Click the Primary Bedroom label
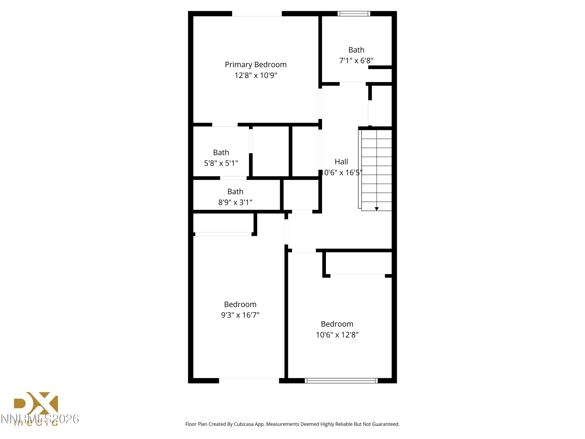[255, 65]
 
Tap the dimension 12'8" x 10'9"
[255, 76]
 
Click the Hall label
[341, 162]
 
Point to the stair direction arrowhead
[377, 209]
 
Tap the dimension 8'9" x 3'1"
[235, 203]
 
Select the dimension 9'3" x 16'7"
[240, 315]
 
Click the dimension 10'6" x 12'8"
[337, 335]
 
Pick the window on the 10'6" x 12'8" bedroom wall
[341, 381]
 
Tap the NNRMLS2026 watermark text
[40, 419]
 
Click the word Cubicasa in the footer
[244, 424]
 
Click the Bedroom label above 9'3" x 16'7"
[240, 304]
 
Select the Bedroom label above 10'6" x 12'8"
[337, 324]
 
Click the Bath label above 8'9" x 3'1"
[235, 192]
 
